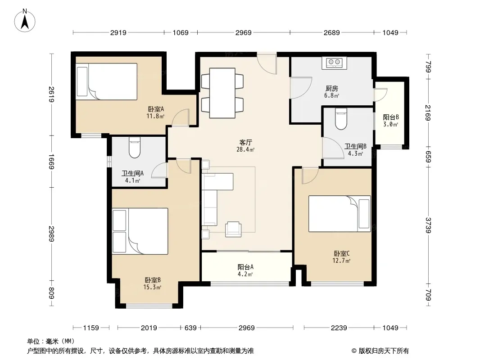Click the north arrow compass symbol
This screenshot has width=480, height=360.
(25, 21)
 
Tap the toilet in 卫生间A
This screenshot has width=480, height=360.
(134, 148)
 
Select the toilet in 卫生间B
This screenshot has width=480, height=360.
(341, 119)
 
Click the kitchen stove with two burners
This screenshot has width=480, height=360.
(334, 63)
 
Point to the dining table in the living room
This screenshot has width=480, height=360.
(222, 93)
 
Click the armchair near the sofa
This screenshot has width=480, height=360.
(233, 229)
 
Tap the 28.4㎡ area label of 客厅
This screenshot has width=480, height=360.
(245, 150)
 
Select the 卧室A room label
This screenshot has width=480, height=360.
(156, 109)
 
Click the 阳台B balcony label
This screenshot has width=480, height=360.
(390, 117)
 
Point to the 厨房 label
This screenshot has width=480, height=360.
(332, 89)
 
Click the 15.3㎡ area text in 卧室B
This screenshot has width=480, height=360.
(152, 287)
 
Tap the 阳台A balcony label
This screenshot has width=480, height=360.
(245, 267)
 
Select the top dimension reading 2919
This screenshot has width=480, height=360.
(118, 33)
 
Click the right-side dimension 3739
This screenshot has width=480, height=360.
(428, 225)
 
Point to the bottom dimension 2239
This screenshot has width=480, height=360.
(339, 328)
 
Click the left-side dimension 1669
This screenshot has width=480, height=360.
(51, 162)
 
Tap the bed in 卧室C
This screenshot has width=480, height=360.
(340, 214)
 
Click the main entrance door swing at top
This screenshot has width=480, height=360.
(267, 63)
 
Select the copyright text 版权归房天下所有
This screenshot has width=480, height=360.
(384, 351)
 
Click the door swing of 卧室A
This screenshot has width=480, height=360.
(180, 117)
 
